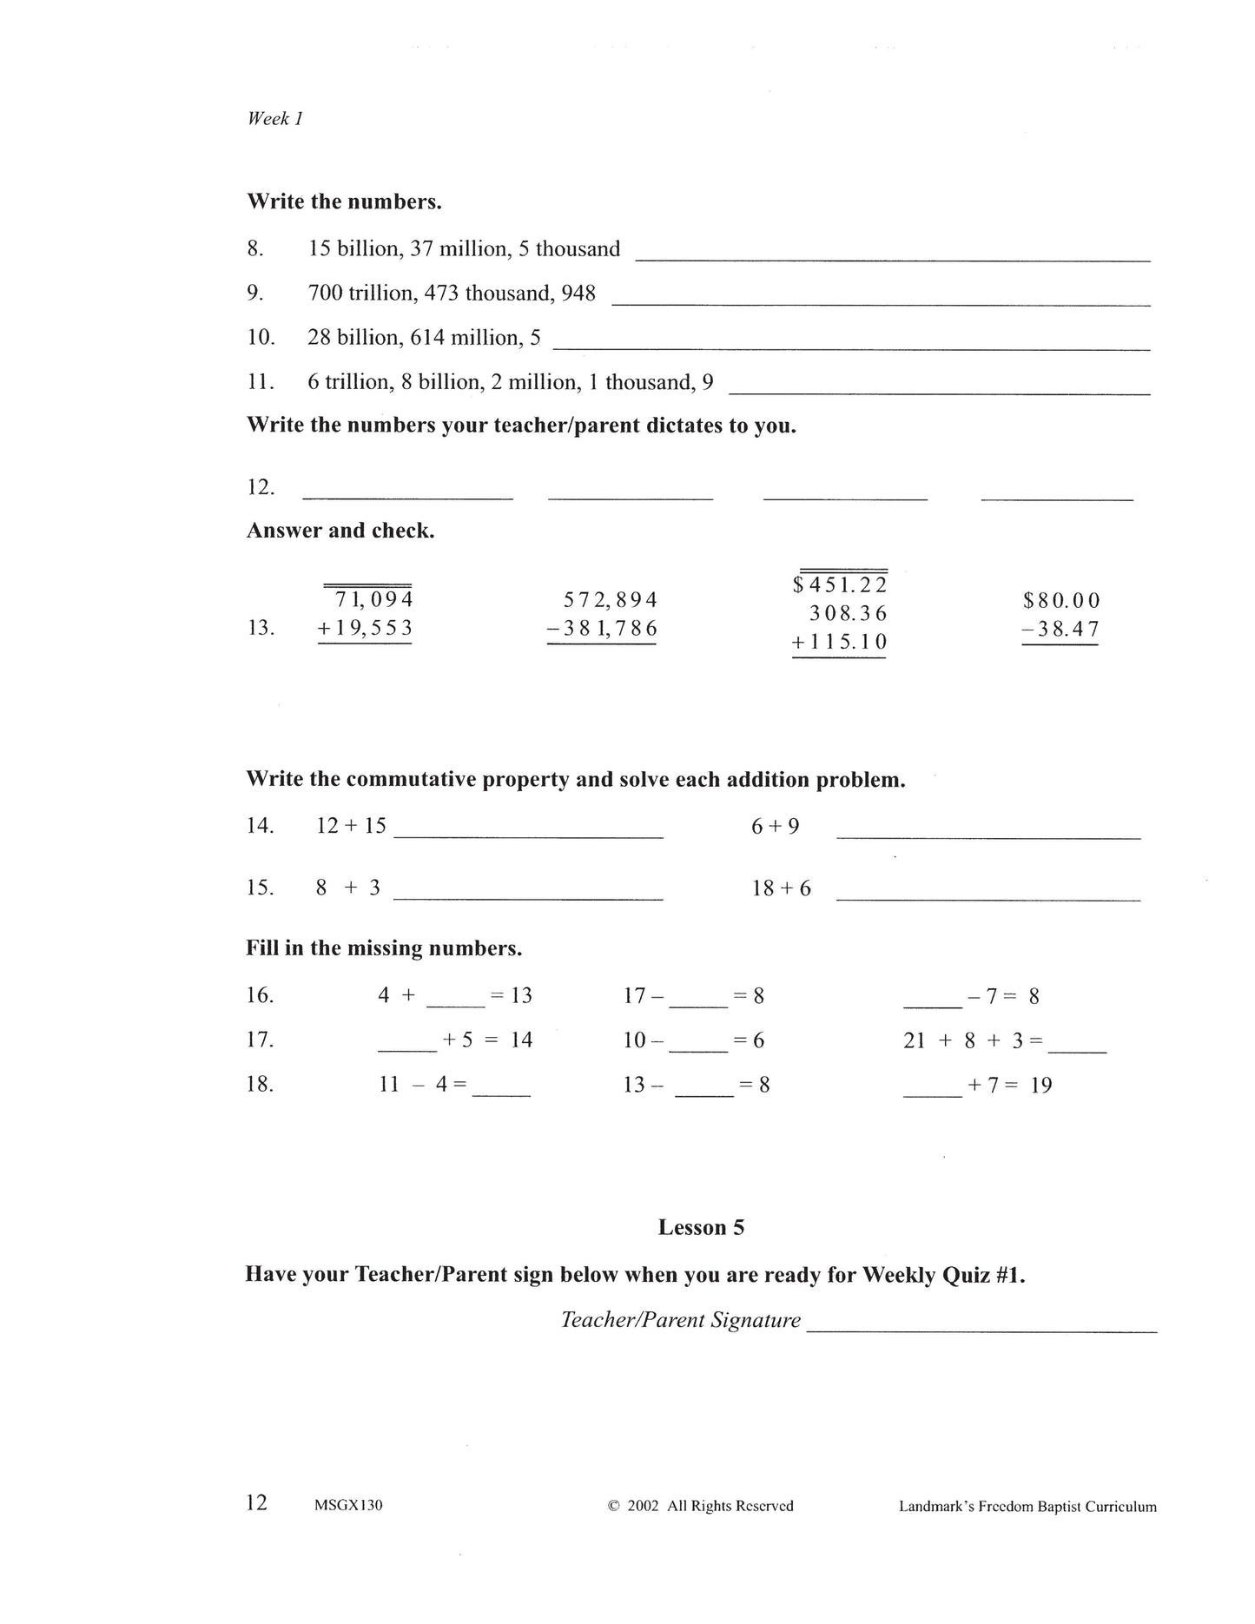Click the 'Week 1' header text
point(274,119)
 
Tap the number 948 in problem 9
point(578,294)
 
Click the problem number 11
point(260,382)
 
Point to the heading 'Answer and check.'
point(340,531)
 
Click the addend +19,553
point(365,628)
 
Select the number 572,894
point(610,600)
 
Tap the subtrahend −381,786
point(602,628)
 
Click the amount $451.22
point(840,585)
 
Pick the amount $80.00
point(1061,601)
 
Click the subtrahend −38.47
point(1060,629)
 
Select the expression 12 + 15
point(351,826)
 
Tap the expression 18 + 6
point(781,888)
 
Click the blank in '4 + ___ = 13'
point(456,1002)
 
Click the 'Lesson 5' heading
point(701,1227)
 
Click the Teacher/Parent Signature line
point(981,1328)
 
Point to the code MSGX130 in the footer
point(348,1506)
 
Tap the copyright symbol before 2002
point(613,1506)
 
